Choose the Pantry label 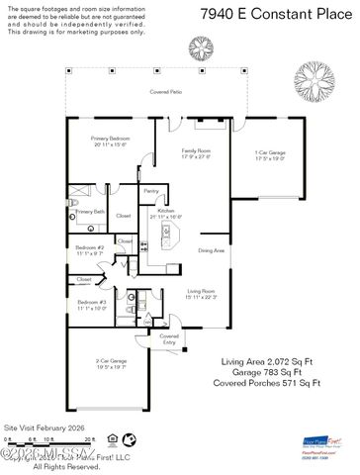151,190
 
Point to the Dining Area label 212,250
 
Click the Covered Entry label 170,337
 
